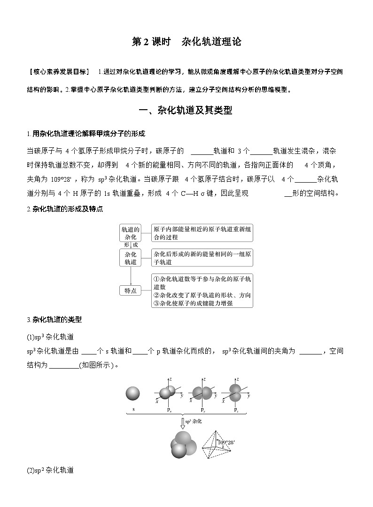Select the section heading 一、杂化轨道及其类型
coord(186,111)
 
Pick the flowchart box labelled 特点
coord(130,290)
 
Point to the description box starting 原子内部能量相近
coord(202,233)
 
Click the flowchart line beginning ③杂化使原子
coord(193,303)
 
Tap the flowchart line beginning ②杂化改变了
coord(202,295)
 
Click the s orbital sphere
coord(133,394)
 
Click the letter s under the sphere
coord(133,410)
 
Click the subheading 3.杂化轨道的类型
coord(54,320)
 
